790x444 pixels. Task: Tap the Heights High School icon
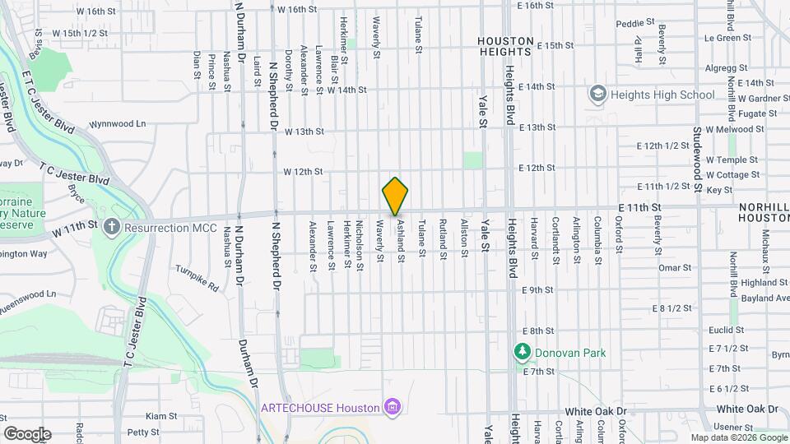click(597, 95)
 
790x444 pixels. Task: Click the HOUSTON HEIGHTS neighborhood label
click(506, 46)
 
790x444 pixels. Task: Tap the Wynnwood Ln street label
click(118, 124)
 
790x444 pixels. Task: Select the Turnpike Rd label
click(197, 280)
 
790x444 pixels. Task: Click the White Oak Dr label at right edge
click(746, 409)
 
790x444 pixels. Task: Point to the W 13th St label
click(304, 132)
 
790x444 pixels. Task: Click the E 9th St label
click(538, 290)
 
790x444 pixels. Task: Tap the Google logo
click(27, 434)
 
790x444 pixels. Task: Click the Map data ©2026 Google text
click(738, 437)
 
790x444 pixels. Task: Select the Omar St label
click(674, 267)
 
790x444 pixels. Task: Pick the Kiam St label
click(156, 417)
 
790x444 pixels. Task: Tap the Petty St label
click(143, 432)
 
